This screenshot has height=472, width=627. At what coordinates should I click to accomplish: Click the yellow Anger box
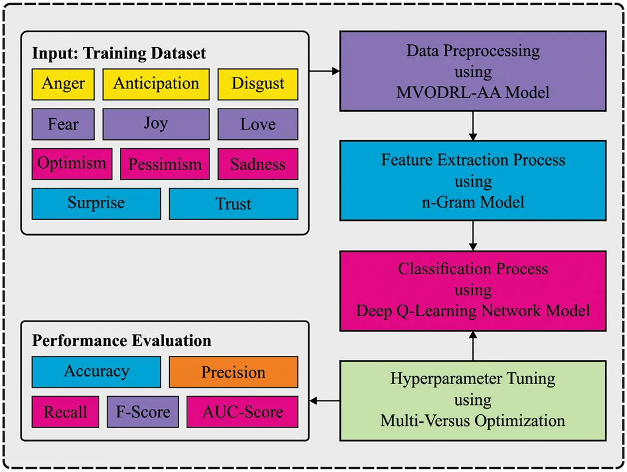tap(63, 83)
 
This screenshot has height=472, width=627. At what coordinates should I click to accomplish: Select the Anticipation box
tap(156, 83)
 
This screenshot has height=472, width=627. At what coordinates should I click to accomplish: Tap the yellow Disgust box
tap(258, 83)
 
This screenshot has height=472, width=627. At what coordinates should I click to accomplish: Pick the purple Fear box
tap(63, 124)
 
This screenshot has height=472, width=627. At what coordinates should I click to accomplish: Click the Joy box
tap(156, 124)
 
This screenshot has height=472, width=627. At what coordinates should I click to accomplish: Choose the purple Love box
tap(258, 124)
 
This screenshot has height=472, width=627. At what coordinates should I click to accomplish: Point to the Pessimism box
tap(165, 164)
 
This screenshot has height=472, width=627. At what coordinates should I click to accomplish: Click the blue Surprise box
tap(96, 203)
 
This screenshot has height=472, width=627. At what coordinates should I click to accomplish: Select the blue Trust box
tap(233, 203)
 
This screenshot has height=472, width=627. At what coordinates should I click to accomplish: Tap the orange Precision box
tap(233, 372)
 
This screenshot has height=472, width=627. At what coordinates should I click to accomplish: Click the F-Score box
tap(143, 411)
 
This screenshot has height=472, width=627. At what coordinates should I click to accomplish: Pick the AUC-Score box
tap(242, 411)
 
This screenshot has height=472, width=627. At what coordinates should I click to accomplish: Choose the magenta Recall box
tap(65, 411)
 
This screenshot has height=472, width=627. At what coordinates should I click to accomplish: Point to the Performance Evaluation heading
tap(121, 341)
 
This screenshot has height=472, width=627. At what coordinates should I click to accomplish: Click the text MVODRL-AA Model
tap(473, 92)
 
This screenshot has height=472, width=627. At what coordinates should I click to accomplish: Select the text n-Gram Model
tap(473, 202)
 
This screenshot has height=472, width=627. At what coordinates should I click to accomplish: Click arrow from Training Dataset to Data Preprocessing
tap(324, 71)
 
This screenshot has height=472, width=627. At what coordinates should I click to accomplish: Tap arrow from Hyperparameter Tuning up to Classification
tap(473, 346)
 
